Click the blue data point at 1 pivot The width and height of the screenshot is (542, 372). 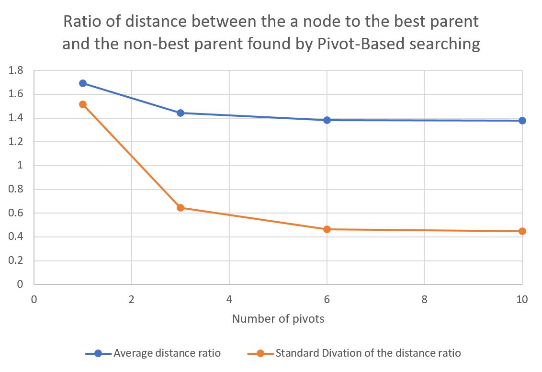tap(83, 83)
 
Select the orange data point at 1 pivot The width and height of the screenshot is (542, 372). tap(83, 104)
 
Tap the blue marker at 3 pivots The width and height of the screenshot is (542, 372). tap(181, 113)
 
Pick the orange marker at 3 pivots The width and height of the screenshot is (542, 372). tap(181, 208)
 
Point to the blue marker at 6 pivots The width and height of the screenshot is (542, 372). tap(327, 120)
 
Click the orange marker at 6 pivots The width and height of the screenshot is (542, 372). tap(327, 229)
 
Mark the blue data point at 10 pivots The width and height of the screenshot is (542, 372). tap(522, 121)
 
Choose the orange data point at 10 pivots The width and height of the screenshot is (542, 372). tap(522, 231)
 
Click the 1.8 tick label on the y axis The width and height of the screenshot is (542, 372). tap(16, 71)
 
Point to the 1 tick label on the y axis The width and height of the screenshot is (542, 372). tap(20, 166)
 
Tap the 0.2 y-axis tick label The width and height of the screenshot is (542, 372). tap(16, 261)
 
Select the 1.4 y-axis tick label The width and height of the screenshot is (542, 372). tap(16, 118)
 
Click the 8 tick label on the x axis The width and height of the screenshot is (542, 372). tap(425, 300)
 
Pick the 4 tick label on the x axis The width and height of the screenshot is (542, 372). tap(229, 300)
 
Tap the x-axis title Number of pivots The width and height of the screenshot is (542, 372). tap(278, 319)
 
